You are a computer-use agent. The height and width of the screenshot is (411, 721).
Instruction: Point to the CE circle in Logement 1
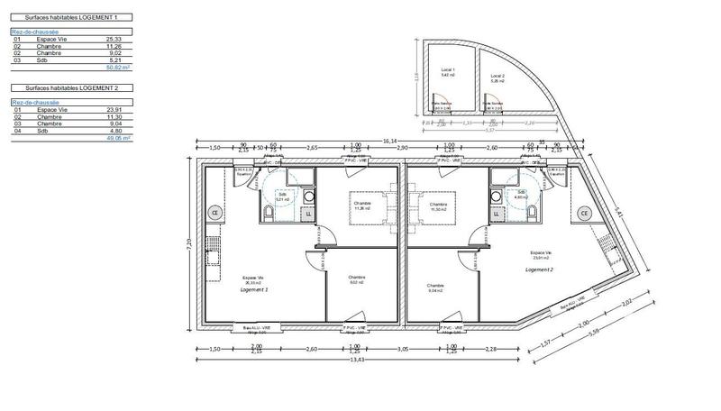click(x=215, y=213)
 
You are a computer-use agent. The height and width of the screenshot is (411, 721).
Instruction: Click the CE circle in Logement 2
click(x=584, y=213)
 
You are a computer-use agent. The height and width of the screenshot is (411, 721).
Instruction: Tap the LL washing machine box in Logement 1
click(x=309, y=214)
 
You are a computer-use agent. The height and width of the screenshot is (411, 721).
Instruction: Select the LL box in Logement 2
click(x=494, y=214)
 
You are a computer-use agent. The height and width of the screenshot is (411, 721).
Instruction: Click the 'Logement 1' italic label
click(x=254, y=291)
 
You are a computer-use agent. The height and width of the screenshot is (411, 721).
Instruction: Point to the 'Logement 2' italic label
click(x=539, y=269)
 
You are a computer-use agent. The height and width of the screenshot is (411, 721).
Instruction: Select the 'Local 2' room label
click(x=496, y=76)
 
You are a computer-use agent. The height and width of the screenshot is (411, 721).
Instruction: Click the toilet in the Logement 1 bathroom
click(x=269, y=213)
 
